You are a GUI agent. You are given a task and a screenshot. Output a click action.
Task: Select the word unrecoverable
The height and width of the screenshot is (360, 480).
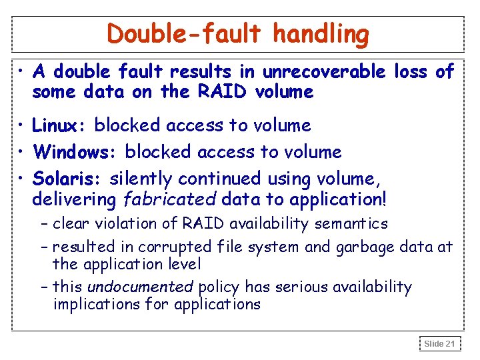click(x=324, y=71)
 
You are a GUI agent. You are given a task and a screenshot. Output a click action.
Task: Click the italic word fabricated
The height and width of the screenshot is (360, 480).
click(x=177, y=199)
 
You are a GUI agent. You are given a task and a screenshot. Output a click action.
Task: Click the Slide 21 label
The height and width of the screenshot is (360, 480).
click(x=440, y=344)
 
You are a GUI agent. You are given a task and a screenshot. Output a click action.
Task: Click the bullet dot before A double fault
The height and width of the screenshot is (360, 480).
click(x=23, y=71)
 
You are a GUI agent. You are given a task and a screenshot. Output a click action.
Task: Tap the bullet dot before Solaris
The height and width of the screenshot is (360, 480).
click(x=23, y=179)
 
